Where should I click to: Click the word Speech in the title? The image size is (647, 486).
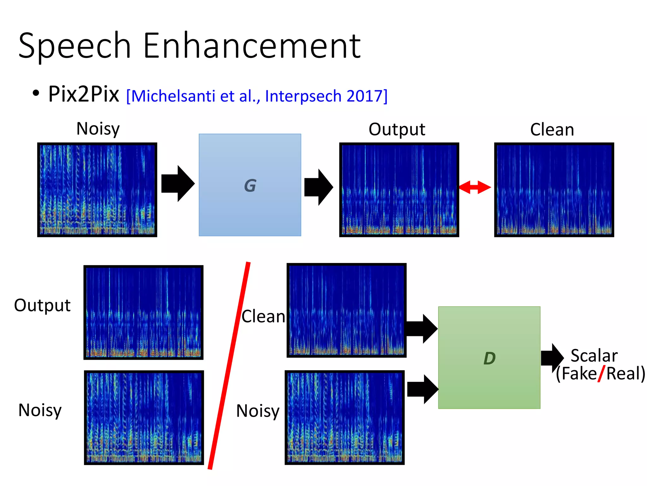[75, 46]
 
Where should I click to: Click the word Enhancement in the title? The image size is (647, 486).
[252, 46]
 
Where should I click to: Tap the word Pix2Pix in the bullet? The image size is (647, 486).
[84, 94]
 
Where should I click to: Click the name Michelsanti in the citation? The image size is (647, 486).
[173, 96]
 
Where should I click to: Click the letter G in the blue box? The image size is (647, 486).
[250, 185]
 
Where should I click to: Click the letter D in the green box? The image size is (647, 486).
[489, 358]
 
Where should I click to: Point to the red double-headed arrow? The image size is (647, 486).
[475, 187]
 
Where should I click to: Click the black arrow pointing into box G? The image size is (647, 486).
[178, 184]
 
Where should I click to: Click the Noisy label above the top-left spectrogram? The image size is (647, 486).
[98, 129]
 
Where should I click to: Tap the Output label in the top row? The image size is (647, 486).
[397, 129]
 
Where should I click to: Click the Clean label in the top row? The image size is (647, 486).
[552, 130]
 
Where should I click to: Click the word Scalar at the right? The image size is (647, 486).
[594, 356]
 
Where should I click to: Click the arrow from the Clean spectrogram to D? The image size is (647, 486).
[421, 329]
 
